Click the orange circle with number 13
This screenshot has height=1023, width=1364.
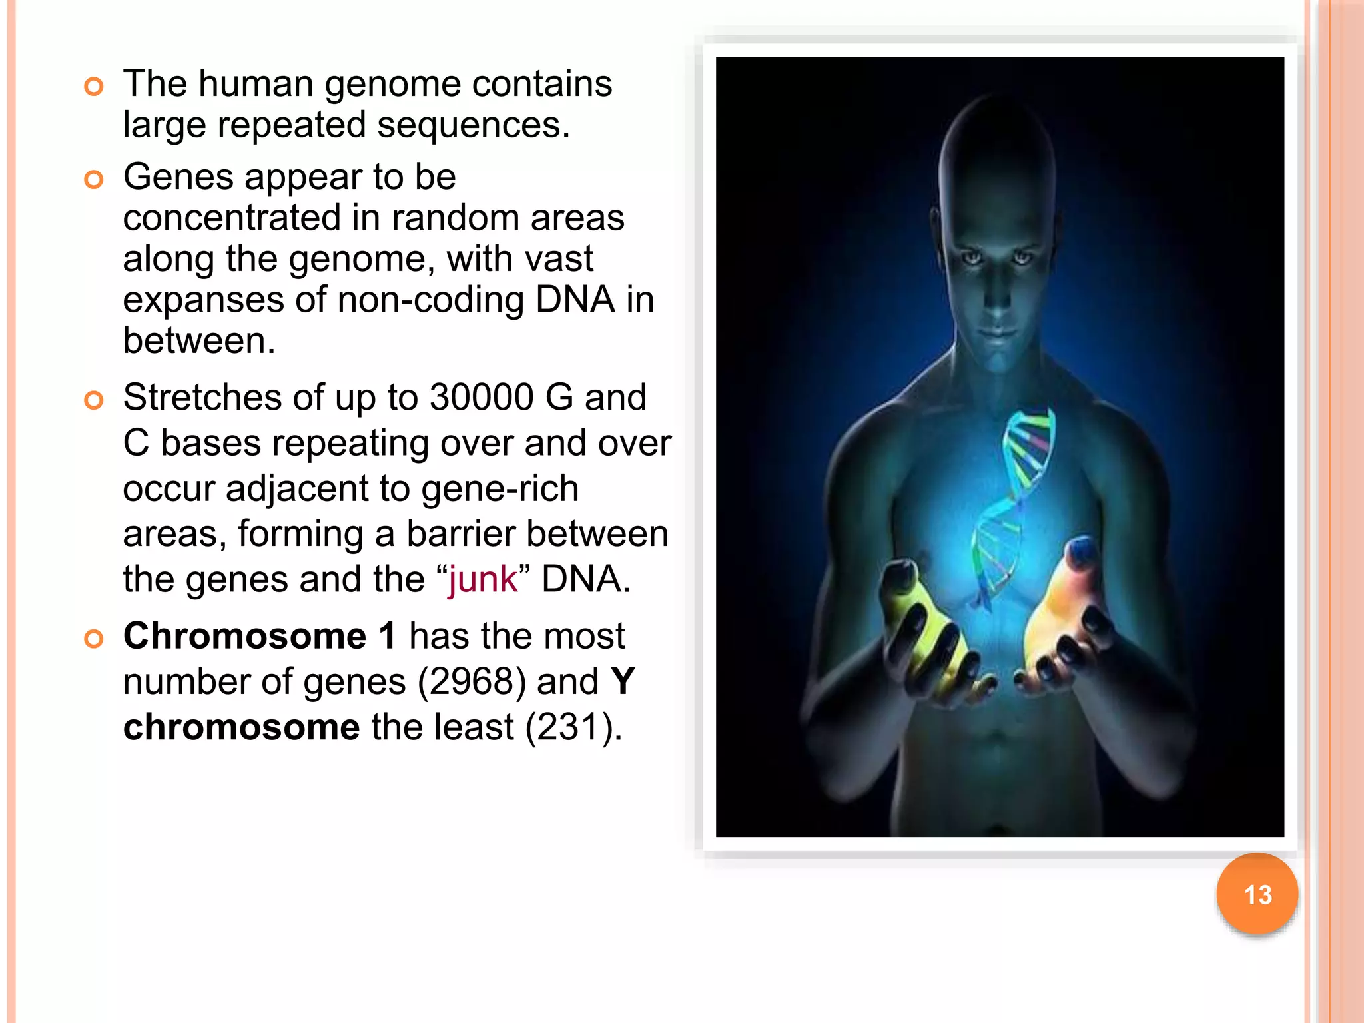[x=1257, y=894]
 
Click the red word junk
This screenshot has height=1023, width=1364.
[x=482, y=579]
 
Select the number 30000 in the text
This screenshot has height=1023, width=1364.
[x=481, y=398]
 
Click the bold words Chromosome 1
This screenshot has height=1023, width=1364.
[x=259, y=636]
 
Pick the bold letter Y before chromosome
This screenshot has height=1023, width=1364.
[x=623, y=682]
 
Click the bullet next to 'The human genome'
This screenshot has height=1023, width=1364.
[x=94, y=87]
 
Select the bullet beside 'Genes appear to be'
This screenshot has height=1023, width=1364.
[x=94, y=180]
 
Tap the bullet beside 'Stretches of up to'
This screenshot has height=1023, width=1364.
[x=94, y=400]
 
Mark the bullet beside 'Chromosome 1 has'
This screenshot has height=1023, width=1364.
[x=94, y=639]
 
